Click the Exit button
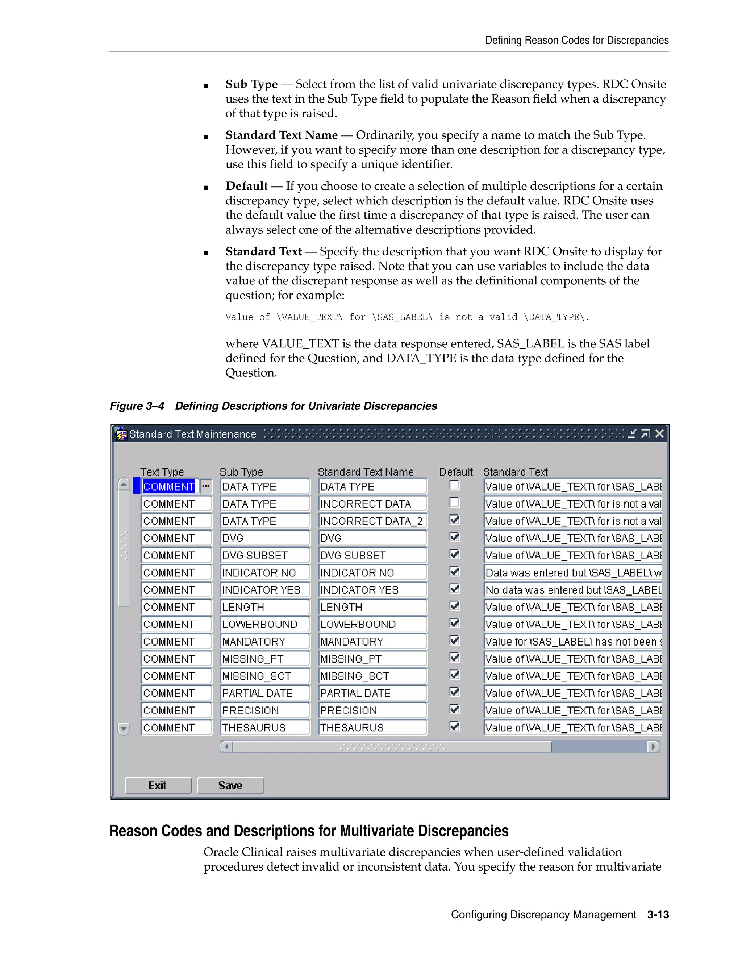click(x=158, y=785)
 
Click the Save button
click(x=230, y=785)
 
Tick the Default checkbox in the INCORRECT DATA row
click(x=455, y=502)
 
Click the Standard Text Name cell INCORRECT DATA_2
click(x=372, y=521)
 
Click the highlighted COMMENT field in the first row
click(x=169, y=487)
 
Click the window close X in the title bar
click(x=659, y=434)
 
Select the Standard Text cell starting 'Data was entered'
click(x=572, y=573)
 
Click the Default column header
click(x=456, y=472)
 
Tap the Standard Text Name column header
click(x=366, y=472)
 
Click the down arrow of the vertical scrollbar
click(x=124, y=729)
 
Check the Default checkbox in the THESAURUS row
click(x=455, y=727)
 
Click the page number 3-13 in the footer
click(x=658, y=915)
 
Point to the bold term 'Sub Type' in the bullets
click(x=251, y=84)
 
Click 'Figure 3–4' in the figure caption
click(x=137, y=406)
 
